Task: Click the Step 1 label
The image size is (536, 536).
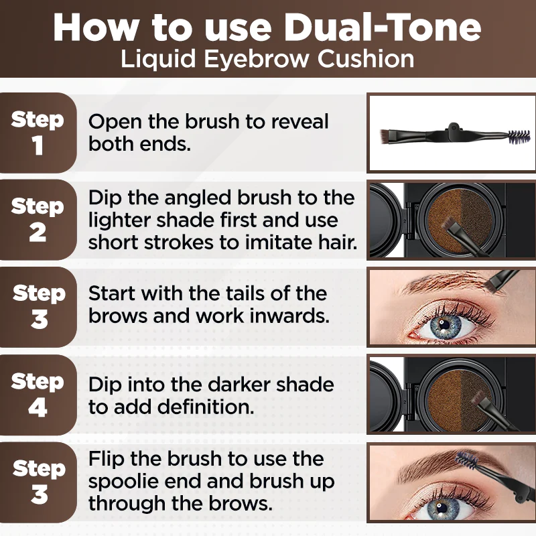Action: (38, 133)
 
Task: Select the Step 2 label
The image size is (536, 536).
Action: (38, 219)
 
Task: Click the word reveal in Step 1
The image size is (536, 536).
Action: (299, 121)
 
